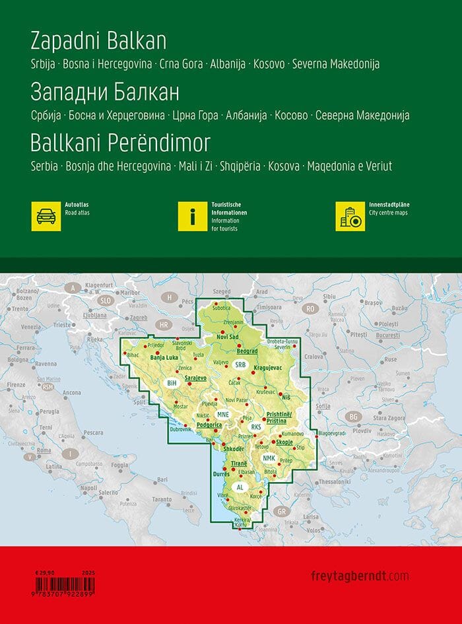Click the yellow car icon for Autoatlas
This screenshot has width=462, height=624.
click(46, 216)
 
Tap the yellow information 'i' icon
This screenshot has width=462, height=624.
click(193, 216)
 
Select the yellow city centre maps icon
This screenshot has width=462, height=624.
click(350, 216)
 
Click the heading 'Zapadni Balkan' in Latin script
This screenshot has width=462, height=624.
click(98, 41)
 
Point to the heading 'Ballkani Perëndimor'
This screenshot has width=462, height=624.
click(120, 143)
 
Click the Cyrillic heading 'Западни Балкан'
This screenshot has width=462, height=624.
click(105, 92)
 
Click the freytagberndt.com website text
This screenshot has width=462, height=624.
click(359, 576)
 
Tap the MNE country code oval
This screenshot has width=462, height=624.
click(222, 415)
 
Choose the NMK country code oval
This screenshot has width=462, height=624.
click(268, 458)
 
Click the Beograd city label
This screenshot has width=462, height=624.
click(246, 351)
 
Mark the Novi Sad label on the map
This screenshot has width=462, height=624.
click(222, 337)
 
